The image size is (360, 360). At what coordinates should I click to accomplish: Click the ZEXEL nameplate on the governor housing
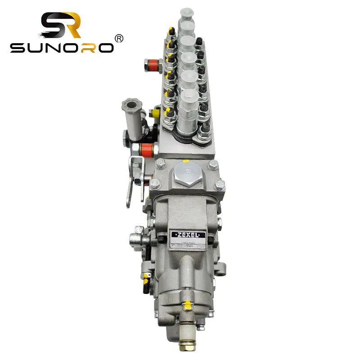[x=188, y=234]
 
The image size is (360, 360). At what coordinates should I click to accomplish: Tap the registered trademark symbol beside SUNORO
[x=119, y=39]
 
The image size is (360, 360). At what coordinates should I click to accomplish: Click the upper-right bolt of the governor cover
[x=213, y=164]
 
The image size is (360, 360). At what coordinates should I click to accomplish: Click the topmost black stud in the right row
[x=198, y=41]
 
